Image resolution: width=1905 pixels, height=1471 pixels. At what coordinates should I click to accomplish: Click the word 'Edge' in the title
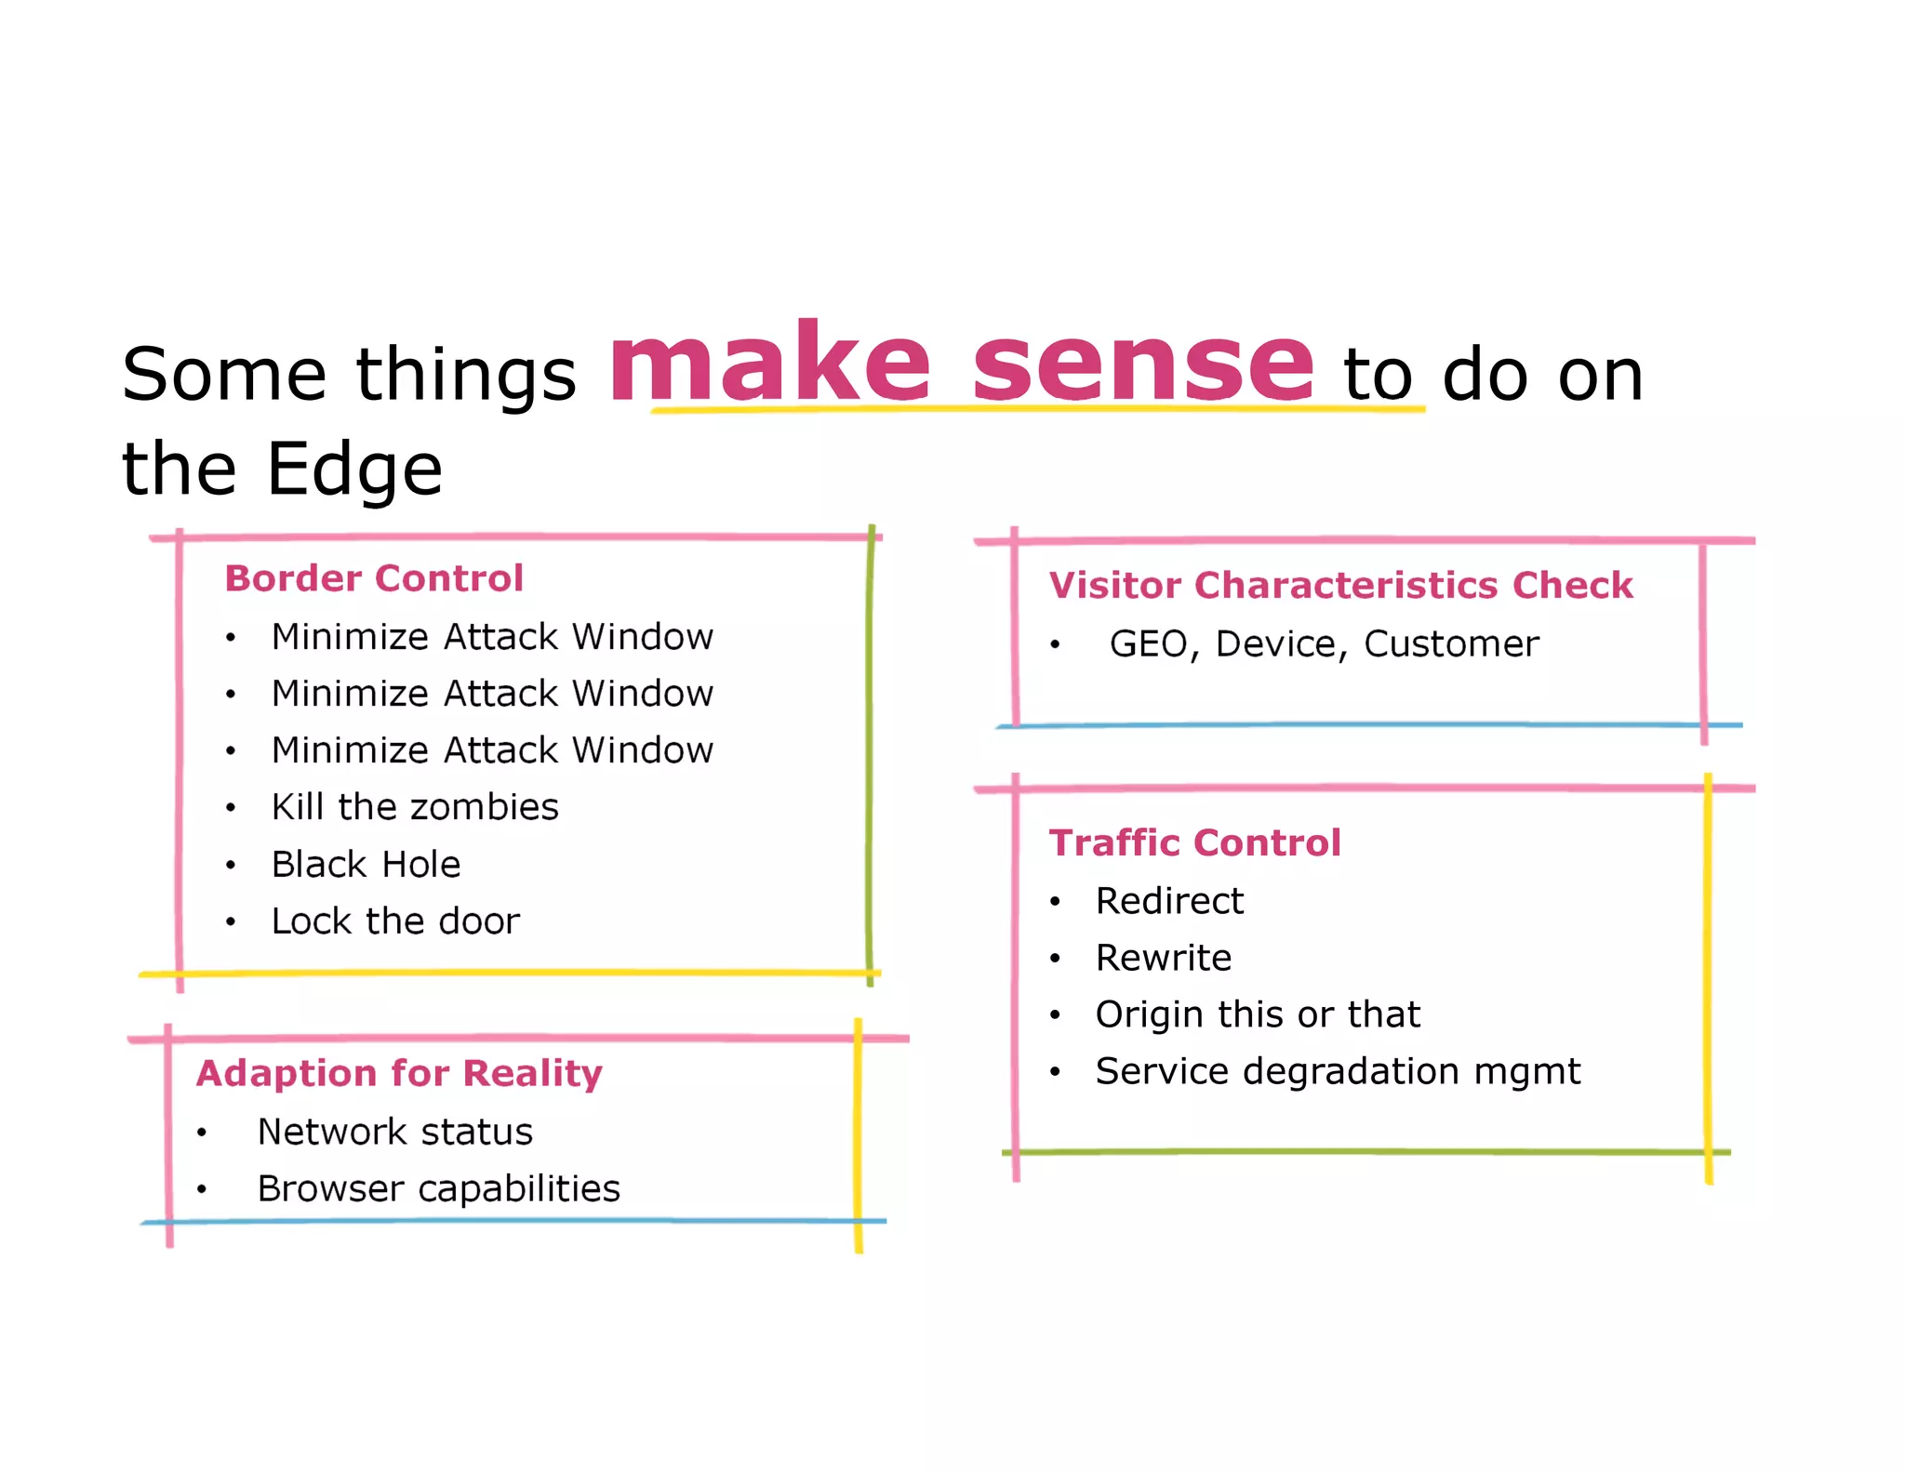[354, 469]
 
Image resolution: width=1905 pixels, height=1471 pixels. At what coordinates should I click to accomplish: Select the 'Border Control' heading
[374, 578]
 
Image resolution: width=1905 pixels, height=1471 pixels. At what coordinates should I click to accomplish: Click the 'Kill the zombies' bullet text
[415, 807]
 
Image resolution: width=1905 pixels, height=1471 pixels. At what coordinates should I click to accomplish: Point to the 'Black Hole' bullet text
[366, 865]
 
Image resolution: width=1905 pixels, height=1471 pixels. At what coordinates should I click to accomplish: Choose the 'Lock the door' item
[395, 921]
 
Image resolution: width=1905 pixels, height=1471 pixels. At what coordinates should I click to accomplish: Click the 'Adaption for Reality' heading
[399, 1073]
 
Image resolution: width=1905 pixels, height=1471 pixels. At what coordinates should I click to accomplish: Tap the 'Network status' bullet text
[394, 1132]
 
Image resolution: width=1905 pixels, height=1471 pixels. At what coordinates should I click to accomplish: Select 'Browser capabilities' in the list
[438, 1189]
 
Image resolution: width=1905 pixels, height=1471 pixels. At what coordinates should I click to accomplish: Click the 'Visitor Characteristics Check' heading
[1340, 586]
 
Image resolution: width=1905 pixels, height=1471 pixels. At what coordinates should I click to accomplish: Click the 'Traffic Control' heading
[1194, 843]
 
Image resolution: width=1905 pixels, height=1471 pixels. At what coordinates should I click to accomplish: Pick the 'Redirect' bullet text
[1169, 901]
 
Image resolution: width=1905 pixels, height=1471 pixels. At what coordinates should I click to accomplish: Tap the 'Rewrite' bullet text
[1164, 958]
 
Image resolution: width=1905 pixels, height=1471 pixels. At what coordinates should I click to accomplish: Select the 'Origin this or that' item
[1258, 1014]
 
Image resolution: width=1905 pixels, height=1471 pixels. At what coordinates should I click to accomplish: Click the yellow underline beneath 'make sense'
[1037, 408]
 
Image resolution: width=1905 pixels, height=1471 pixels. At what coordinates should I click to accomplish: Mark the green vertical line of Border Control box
[870, 753]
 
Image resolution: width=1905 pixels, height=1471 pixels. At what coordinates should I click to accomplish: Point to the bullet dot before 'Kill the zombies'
[231, 808]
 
